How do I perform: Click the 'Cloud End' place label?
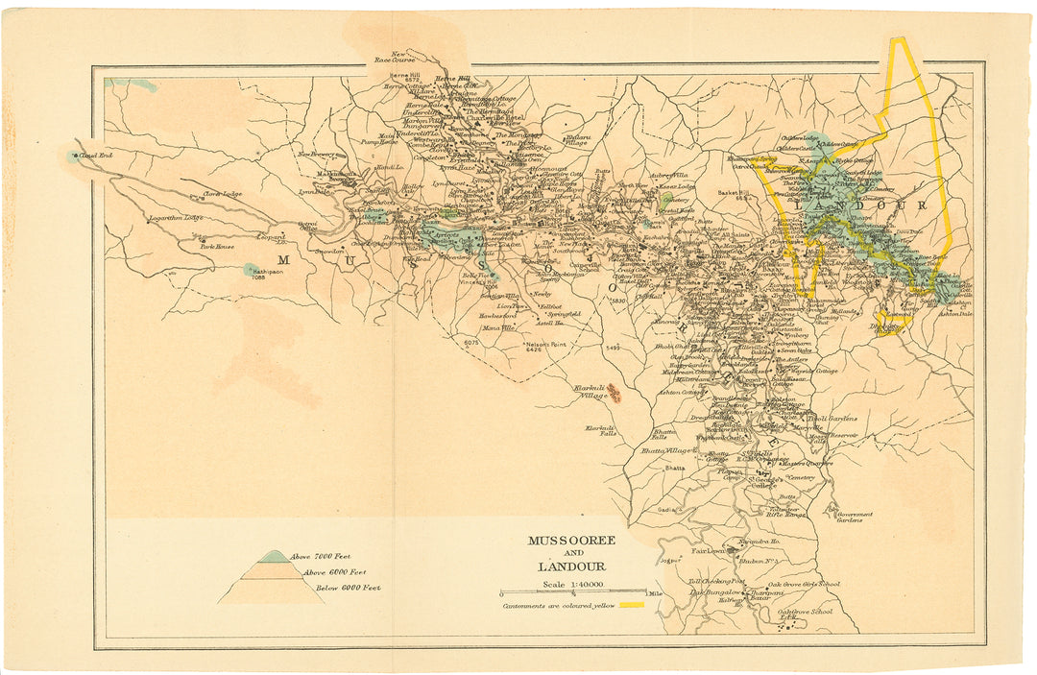(96, 156)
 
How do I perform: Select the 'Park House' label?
(217, 247)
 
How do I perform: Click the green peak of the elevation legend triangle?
(273, 556)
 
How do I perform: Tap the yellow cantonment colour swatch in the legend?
(631, 606)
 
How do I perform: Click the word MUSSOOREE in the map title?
(571, 541)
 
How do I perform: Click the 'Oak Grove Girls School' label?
(804, 584)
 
